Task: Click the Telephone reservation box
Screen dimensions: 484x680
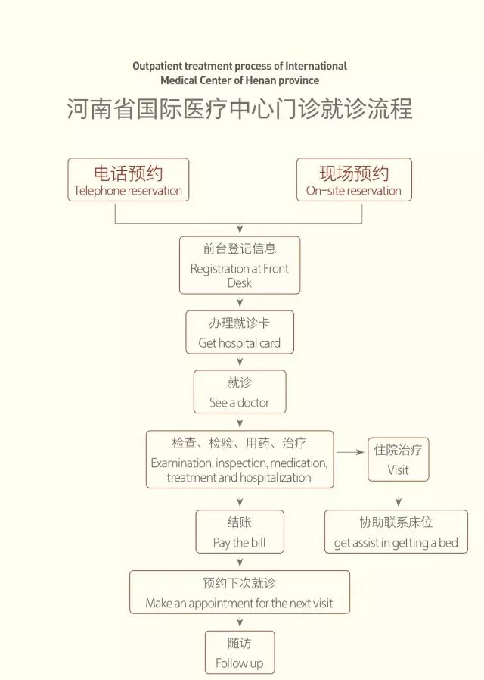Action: [x=128, y=179]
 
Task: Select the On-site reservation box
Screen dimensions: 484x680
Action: [x=354, y=179]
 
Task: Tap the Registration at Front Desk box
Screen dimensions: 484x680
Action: [x=240, y=265]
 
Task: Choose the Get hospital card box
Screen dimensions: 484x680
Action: [x=240, y=332]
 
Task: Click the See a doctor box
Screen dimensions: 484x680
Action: [x=240, y=391]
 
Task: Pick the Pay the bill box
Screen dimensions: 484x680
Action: [x=240, y=532]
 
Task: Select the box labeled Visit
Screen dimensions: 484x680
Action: [x=399, y=460]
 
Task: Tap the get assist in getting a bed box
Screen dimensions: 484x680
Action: [x=396, y=532]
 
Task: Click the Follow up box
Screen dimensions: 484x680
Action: [x=240, y=652]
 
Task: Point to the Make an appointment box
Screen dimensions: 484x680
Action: [x=240, y=592]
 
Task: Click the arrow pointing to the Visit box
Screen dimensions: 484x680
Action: [x=350, y=452]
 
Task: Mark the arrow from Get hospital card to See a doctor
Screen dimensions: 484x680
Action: [x=240, y=362]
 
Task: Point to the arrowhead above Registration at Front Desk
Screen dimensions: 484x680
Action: [x=240, y=229]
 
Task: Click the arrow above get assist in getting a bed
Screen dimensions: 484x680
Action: [x=399, y=502]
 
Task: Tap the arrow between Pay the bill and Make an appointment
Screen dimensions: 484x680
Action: [x=240, y=562]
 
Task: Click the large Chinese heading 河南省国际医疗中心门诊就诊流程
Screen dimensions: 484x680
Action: [x=240, y=108]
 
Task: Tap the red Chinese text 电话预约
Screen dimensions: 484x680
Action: [x=128, y=173]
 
